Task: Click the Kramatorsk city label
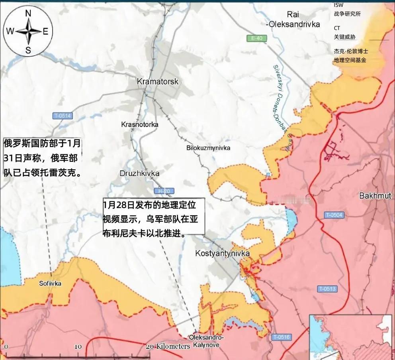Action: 158,82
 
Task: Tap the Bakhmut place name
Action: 375,196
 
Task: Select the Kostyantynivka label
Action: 222,254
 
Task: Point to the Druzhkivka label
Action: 139,173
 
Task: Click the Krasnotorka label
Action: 139,124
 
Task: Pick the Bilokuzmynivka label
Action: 208,148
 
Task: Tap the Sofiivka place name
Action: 50,283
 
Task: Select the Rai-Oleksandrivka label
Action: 293,19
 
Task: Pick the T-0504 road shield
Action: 334,215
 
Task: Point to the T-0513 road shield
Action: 327,289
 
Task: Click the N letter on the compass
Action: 28,13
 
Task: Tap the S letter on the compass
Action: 28,50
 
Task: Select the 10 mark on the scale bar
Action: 78,346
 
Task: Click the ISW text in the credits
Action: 338,5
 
